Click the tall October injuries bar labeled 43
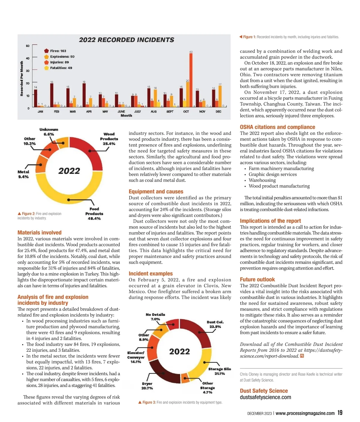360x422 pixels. click(191, 80)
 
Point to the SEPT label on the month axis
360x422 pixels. click(170, 111)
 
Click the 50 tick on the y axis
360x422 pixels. click(28, 46)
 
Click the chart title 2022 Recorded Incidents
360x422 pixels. click(126, 40)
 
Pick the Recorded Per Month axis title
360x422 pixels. click(22, 79)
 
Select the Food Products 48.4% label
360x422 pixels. click(94, 214)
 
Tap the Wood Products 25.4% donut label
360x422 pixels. click(109, 139)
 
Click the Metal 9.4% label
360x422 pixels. click(23, 174)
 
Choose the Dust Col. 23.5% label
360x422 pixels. click(215, 324)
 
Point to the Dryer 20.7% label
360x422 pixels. click(147, 386)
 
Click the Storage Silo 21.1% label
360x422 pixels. click(220, 371)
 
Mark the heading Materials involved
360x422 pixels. click(39, 232)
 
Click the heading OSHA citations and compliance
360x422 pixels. click(277, 127)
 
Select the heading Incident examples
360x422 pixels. click(151, 274)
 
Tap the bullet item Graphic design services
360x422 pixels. click(272, 174)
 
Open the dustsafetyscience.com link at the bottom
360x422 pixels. click(265, 397)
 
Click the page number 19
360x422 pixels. click(340, 413)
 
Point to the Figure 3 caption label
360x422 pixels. click(149, 402)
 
